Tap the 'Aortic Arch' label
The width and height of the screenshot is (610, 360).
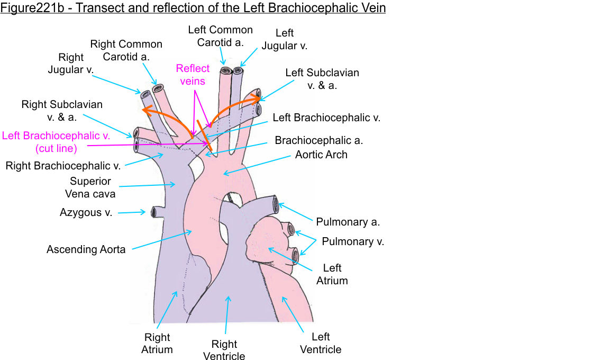[x=321, y=155]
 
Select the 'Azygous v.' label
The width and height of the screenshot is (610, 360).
[x=85, y=213]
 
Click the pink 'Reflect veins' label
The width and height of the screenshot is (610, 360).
[x=193, y=75]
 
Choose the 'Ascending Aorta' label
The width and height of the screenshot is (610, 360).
[x=86, y=249]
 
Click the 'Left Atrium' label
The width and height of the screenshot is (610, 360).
[x=332, y=274]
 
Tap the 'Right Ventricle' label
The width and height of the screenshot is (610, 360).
[x=224, y=350]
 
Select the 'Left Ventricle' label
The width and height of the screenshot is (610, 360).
[x=321, y=343]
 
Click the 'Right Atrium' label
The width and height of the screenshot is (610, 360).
[x=157, y=343]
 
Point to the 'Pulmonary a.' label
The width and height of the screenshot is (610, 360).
[x=348, y=222]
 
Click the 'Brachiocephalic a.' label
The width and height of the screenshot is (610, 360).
[x=318, y=141]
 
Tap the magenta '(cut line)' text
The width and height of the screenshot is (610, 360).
[x=56, y=148]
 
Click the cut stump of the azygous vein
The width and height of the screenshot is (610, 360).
[x=154, y=212]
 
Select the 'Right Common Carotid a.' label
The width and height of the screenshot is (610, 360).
[x=126, y=50]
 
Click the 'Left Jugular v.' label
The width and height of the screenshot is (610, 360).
[x=284, y=40]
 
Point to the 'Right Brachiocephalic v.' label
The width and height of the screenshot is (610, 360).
[x=63, y=166]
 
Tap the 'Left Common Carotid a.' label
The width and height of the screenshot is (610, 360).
[x=220, y=36]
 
